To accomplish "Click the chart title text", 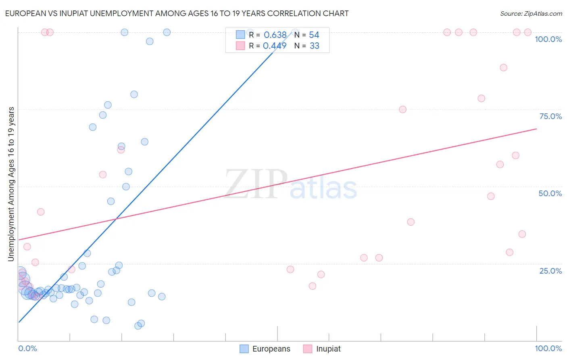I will click(177, 13).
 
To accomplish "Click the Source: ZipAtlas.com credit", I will click(531, 14).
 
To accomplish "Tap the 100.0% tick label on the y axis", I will click(548, 39).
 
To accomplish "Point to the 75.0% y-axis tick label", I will click(550, 116).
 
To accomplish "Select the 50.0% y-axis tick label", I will click(550, 193).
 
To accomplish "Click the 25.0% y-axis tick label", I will click(550, 271).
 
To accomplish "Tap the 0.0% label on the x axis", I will click(27, 348).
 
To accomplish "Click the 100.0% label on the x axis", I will click(548, 348).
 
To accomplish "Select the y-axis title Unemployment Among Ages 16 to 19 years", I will click(11, 184).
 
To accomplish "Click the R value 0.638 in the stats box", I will click(275, 35).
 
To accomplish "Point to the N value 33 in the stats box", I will click(315, 46).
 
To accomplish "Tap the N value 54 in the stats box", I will click(314, 35).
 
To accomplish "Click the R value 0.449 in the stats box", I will click(275, 46).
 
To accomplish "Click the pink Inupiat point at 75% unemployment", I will click(402, 109).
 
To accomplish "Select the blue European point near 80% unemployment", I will click(134, 94).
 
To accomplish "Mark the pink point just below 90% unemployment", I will click(503, 67).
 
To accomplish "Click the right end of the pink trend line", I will click(536, 129).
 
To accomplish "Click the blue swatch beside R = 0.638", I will click(240, 35).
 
